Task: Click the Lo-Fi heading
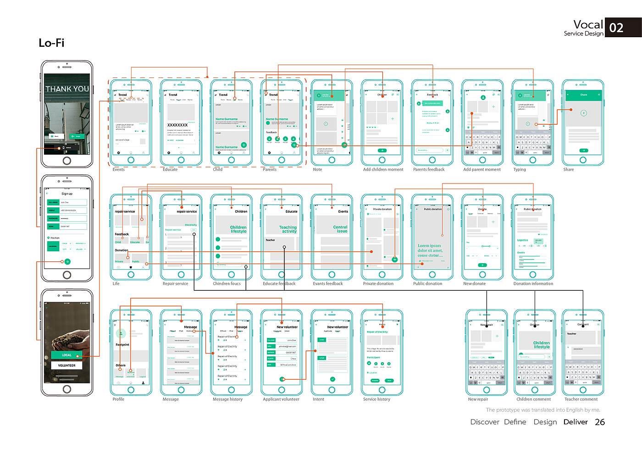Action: click(51, 43)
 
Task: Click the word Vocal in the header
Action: click(588, 25)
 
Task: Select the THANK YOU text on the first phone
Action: click(67, 89)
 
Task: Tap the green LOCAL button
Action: click(67, 355)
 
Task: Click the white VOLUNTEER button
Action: click(67, 365)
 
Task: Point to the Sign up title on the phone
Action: click(67, 194)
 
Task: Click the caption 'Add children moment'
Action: click(383, 170)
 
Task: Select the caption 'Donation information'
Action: click(533, 284)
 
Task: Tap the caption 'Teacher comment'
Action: click(581, 399)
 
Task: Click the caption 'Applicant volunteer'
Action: click(281, 399)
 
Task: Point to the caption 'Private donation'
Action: click(378, 284)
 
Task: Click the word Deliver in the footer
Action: click(576, 422)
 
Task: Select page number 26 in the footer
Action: click(600, 422)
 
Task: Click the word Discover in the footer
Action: click(484, 422)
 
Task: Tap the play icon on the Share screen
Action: click(583, 113)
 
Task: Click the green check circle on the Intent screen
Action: click(332, 379)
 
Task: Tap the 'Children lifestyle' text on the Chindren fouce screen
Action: click(238, 229)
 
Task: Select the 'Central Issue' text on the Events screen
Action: click(340, 229)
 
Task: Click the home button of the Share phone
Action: click(583, 160)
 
